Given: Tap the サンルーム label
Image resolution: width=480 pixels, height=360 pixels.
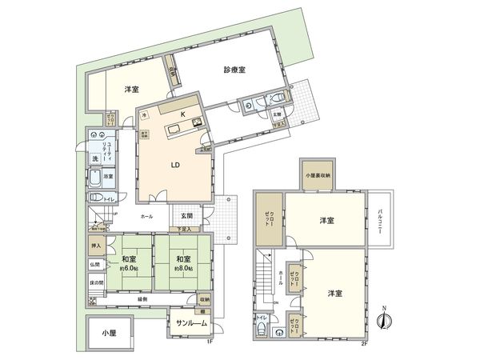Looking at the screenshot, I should pyautogui.click(x=190, y=323).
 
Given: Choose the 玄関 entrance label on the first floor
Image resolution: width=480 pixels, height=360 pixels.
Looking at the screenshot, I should pyautogui.click(x=185, y=216).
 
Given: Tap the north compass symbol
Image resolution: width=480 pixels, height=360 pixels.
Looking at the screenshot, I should pyautogui.click(x=384, y=318).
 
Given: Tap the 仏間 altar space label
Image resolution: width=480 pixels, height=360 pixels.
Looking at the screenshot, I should pyautogui.click(x=95, y=264).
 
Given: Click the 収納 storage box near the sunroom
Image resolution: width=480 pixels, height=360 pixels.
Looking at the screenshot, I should pyautogui.click(x=204, y=300).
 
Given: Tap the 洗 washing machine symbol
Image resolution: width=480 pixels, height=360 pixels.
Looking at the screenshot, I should pyautogui.click(x=95, y=158).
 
